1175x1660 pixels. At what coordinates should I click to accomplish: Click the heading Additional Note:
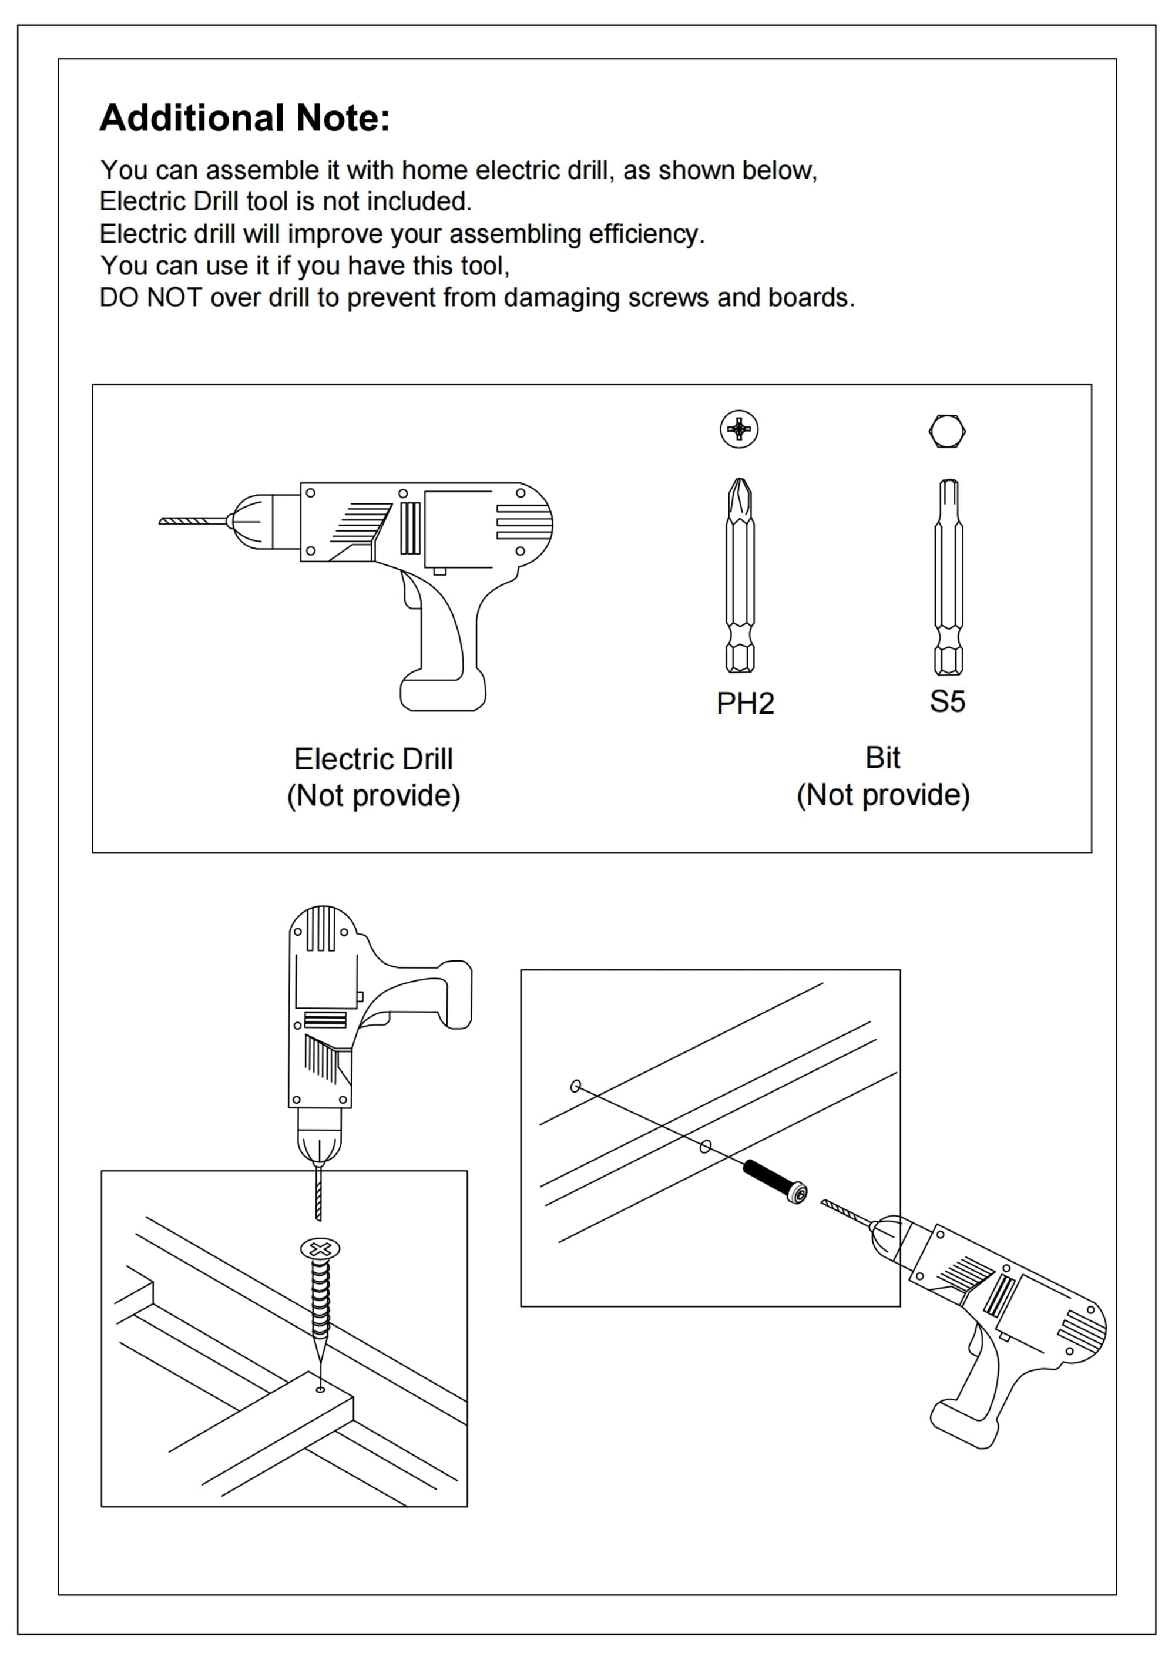click(x=244, y=118)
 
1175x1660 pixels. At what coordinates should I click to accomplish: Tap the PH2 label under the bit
click(x=745, y=704)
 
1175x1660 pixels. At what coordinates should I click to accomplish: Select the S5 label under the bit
click(x=947, y=701)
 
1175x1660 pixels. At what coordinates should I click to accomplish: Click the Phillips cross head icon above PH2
click(x=738, y=429)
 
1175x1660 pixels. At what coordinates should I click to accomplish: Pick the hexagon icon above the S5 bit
click(x=947, y=431)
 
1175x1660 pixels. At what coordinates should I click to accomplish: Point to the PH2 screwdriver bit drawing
click(x=740, y=575)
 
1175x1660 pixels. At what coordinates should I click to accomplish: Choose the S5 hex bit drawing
click(x=949, y=576)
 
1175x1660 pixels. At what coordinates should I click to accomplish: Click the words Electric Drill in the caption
click(x=373, y=760)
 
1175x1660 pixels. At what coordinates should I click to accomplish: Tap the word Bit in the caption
click(x=882, y=758)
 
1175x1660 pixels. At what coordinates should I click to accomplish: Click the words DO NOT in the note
click(x=150, y=297)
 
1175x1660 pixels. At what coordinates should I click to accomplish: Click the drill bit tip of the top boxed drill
click(x=162, y=521)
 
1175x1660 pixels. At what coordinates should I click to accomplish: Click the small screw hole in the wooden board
click(x=321, y=1389)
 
